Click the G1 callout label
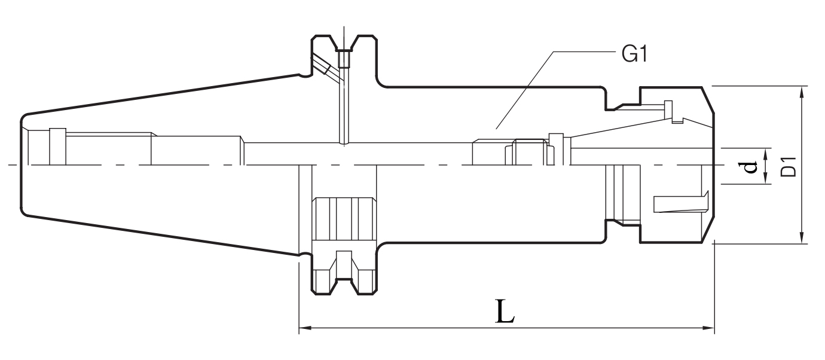635,55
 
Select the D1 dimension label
789,166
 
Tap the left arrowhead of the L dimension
302,327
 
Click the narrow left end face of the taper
22,164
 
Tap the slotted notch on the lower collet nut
682,203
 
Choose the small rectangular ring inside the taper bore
57,147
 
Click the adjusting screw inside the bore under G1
529,153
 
